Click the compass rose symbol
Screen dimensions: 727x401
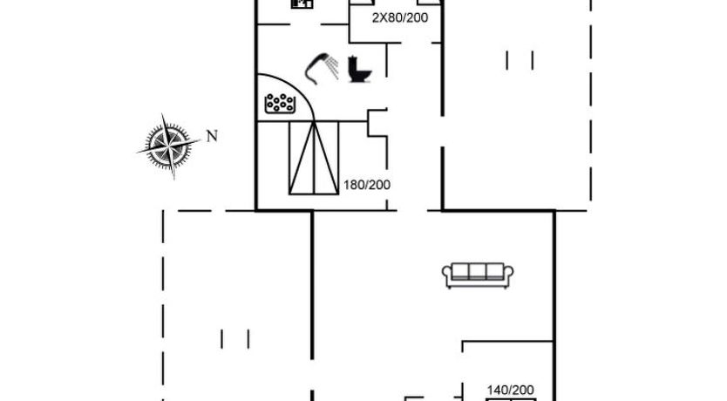coord(169,146)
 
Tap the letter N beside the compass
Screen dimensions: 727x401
coord(212,136)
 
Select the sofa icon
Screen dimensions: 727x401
coord(478,275)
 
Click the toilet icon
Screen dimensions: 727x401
coord(360,70)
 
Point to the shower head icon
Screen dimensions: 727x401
coord(322,68)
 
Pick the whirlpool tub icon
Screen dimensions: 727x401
coord(279,104)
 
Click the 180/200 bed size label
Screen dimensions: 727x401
coord(367,185)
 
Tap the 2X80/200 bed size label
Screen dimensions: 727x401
coord(400,18)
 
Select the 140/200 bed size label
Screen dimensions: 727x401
coord(511,390)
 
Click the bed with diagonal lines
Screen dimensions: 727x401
coord(314,158)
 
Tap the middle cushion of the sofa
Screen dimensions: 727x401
coord(478,271)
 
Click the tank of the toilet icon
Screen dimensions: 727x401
coord(353,64)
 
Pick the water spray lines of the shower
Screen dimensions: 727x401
coord(332,66)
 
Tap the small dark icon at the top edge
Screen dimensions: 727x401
coord(302,3)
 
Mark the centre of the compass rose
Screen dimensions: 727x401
coord(169,146)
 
